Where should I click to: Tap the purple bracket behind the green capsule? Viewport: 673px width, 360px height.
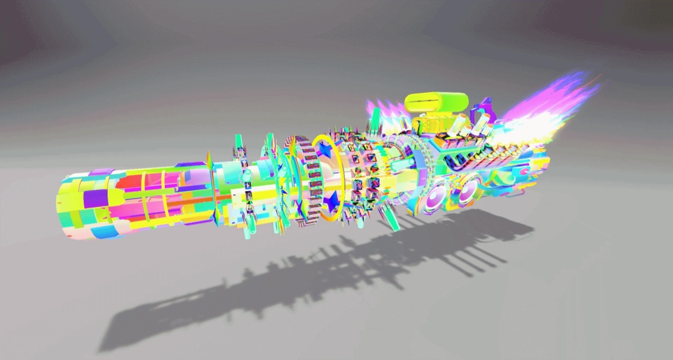click(485, 108)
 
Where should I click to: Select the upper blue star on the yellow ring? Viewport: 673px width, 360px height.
click(325, 150)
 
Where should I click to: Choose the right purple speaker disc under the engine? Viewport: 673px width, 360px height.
click(468, 191)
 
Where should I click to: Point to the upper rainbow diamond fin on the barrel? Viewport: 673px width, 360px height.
click(209, 161)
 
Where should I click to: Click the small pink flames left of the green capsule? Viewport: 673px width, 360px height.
click(384, 109)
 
